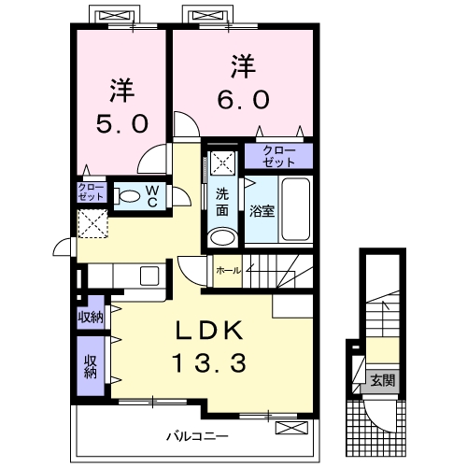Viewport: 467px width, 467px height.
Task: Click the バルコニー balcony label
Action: coord(198,434)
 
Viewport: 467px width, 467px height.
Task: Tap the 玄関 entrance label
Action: coord(381,380)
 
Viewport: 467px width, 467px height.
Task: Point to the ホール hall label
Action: coord(228,270)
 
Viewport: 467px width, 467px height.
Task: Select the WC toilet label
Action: coord(150,197)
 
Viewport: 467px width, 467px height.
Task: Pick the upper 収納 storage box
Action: coord(92,317)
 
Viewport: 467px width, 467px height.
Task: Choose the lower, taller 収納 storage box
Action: coord(92,366)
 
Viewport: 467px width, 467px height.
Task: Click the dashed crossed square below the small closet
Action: coord(92,224)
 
